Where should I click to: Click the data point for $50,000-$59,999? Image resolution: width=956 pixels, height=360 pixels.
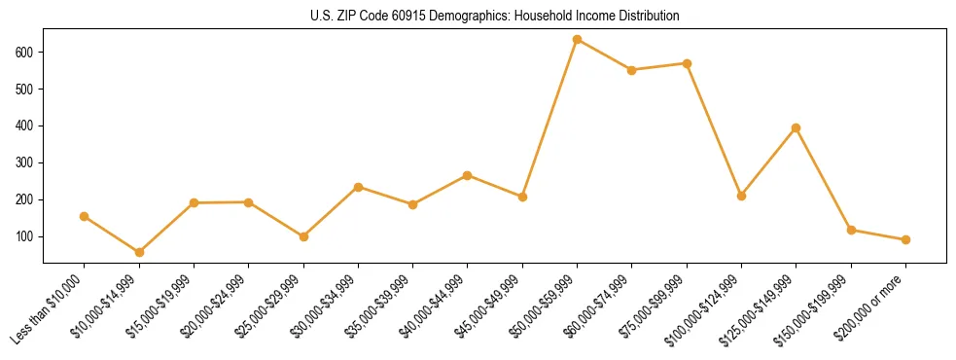pos(577,39)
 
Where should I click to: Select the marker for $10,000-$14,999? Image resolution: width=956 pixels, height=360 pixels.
pos(139,252)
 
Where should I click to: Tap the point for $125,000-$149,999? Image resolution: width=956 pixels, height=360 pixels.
pos(797,127)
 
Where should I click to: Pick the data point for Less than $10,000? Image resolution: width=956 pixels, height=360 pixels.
pos(85,216)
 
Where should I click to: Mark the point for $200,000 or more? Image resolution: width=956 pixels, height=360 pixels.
pos(905,239)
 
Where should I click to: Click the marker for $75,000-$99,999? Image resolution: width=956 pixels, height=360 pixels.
pos(687,63)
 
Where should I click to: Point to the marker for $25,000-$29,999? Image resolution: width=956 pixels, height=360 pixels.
pos(303,236)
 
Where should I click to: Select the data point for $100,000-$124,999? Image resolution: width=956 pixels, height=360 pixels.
pos(741,196)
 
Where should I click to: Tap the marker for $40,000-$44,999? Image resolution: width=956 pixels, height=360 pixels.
pos(468,175)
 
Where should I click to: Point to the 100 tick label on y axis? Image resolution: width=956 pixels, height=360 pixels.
pos(27,236)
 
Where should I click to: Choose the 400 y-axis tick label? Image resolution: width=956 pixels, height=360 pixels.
pos(27,126)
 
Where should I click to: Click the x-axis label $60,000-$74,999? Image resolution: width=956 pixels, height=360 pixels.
pos(599,307)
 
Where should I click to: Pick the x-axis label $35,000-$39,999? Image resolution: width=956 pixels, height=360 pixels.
pos(379,307)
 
